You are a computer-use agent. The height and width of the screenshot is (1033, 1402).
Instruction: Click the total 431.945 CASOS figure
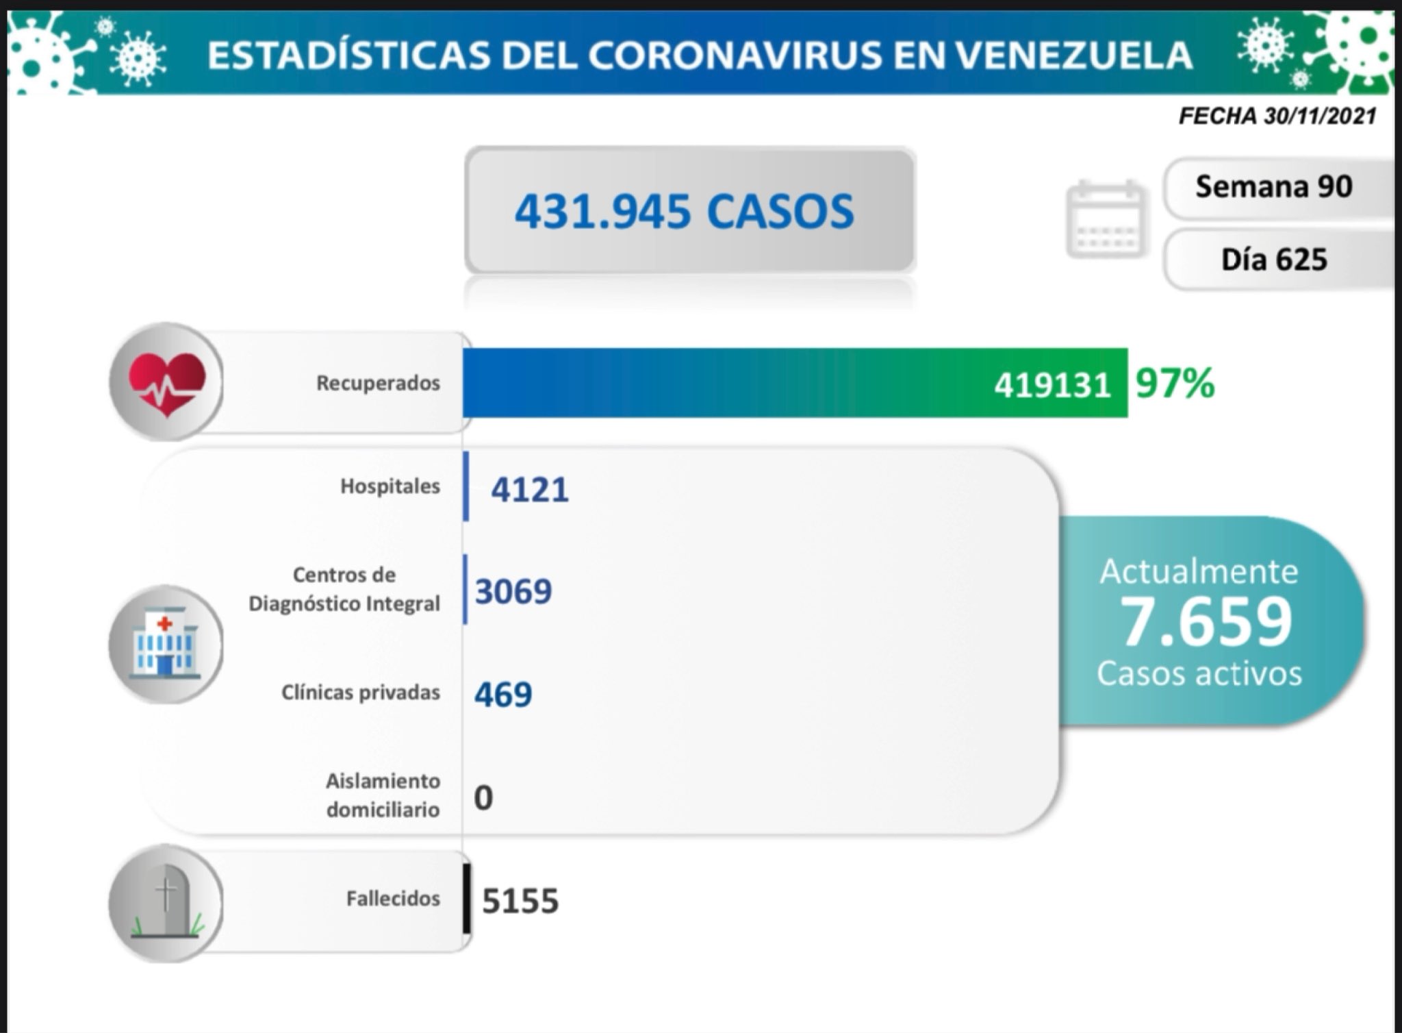click(x=684, y=210)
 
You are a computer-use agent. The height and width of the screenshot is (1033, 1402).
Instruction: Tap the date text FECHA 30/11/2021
click(x=1277, y=116)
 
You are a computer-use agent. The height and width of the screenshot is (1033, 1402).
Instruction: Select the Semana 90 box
click(x=1274, y=186)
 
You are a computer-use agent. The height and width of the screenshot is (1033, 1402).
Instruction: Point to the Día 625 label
click(x=1274, y=260)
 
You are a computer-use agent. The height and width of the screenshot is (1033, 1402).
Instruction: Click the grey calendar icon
click(x=1105, y=219)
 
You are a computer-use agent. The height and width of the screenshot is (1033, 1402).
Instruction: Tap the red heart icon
click(x=166, y=382)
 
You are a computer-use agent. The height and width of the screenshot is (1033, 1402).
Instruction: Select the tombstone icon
click(x=166, y=902)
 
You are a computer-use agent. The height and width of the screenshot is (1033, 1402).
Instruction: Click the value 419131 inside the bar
click(x=1051, y=386)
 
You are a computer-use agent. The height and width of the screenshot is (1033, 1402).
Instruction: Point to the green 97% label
click(x=1175, y=383)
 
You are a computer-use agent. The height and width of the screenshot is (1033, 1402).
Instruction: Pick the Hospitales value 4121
click(x=530, y=490)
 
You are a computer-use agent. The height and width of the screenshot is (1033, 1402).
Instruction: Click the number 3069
click(x=513, y=591)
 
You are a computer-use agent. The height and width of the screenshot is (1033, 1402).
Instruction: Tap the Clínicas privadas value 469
click(x=503, y=695)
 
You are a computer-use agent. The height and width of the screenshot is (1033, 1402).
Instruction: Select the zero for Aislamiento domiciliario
click(x=483, y=798)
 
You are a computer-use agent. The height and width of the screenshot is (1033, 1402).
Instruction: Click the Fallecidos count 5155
click(x=520, y=901)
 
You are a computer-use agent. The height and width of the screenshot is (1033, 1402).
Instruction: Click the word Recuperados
click(x=378, y=383)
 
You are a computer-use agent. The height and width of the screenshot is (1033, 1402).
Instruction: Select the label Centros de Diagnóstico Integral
click(x=344, y=589)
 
